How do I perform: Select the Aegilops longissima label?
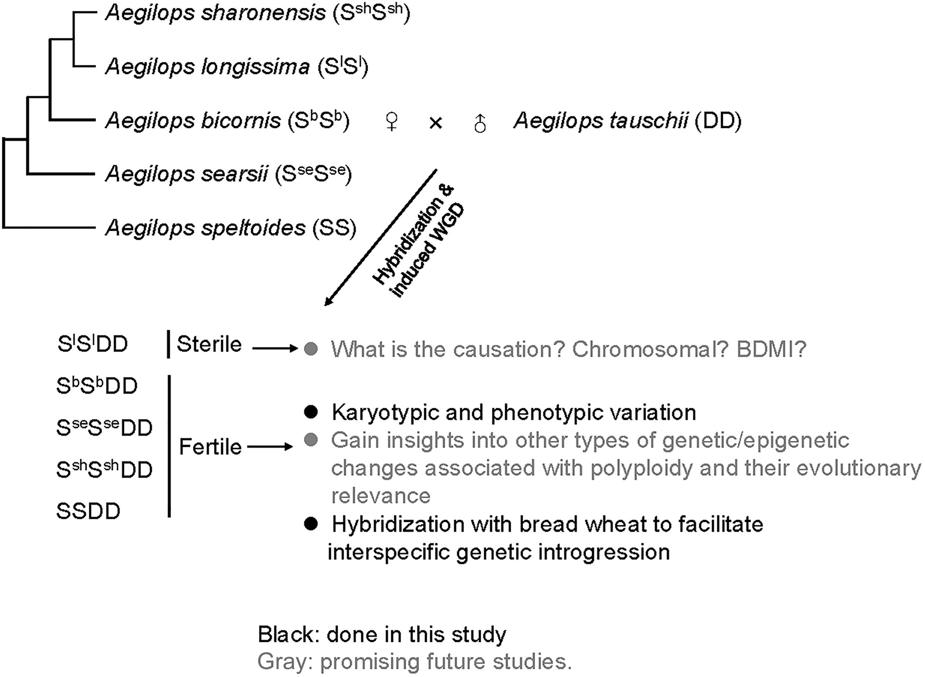(207, 67)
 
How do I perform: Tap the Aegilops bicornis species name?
(193, 121)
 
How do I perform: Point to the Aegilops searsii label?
(186, 175)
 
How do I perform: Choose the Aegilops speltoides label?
(205, 228)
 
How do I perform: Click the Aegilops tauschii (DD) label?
(628, 121)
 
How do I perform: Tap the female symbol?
(391, 122)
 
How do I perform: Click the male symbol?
(480, 123)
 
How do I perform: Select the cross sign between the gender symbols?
(436, 123)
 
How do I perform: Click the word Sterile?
(209, 344)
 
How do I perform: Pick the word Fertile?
(210, 447)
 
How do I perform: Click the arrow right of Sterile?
(275, 348)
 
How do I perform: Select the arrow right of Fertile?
(270, 447)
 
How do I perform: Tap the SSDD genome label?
(88, 511)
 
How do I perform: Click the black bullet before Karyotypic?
(311, 412)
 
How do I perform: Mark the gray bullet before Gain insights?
(311, 440)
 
